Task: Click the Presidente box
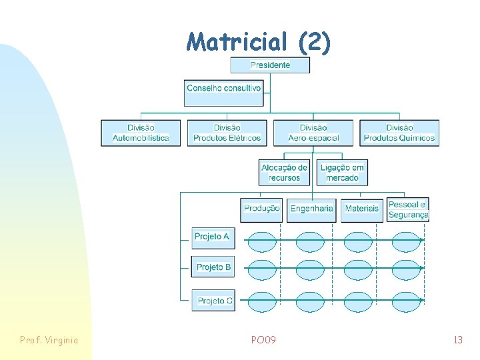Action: [270, 65]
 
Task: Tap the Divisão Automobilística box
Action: [141, 133]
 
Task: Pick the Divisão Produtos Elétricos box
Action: [227, 133]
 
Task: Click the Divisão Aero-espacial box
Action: [313, 133]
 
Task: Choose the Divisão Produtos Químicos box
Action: [399, 133]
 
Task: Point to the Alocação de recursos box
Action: [285, 173]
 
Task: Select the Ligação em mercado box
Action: [342, 173]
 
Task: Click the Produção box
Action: [261, 209]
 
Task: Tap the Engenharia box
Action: [311, 209]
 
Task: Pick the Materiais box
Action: [362, 209]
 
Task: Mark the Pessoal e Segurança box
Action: [408, 209]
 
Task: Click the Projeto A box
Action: [213, 237]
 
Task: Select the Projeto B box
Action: [213, 267]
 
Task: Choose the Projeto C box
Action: [213, 301]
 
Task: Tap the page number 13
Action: [457, 340]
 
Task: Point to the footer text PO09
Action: [263, 340]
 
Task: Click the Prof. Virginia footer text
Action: [49, 340]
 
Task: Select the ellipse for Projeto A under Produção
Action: [261, 241]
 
